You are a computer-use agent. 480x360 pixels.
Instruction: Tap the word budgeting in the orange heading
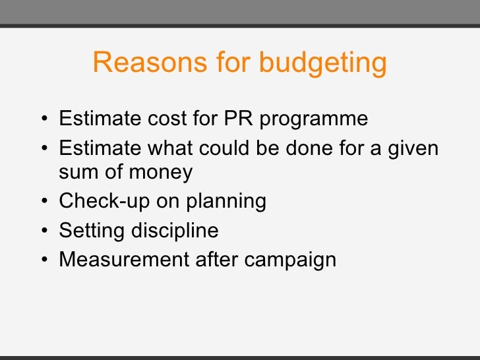(322, 64)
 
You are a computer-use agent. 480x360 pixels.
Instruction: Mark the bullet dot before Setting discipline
(43, 231)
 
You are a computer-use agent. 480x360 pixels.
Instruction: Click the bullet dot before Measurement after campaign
(43, 260)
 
